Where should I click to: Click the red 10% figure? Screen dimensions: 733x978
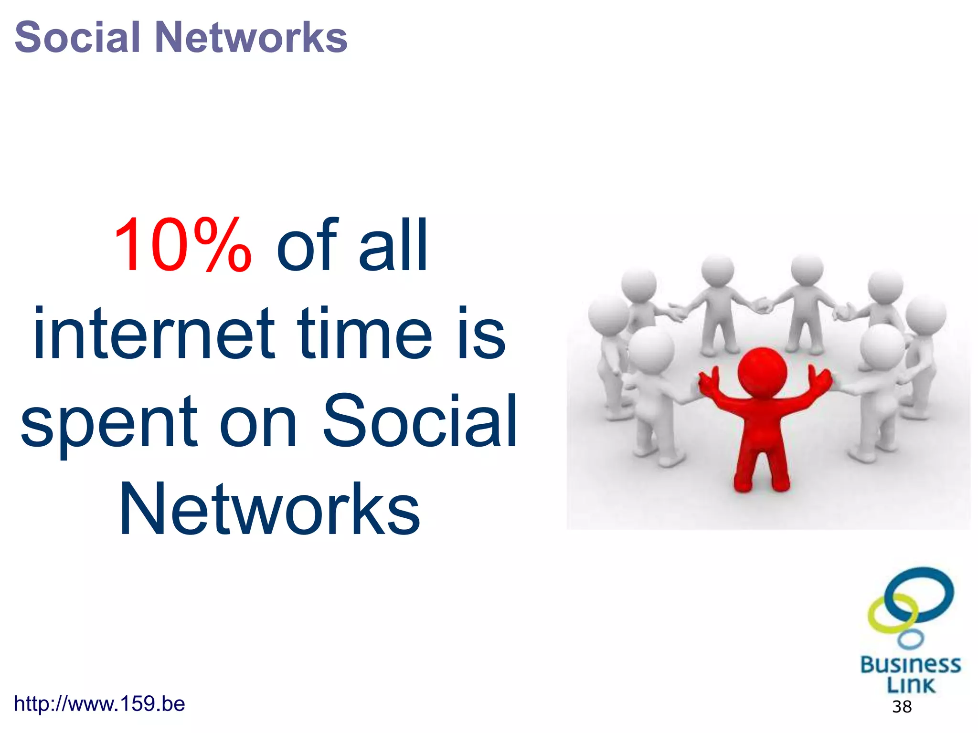pyautogui.click(x=182, y=246)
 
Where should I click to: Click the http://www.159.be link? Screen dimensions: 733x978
pyautogui.click(x=99, y=704)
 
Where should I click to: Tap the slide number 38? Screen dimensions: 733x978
pyautogui.click(x=902, y=707)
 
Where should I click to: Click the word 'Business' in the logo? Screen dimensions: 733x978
pyautogui.click(x=910, y=665)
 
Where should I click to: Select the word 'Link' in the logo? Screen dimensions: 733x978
pyautogui.click(x=911, y=685)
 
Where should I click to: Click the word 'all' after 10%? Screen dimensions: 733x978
pyautogui.click(x=393, y=246)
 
